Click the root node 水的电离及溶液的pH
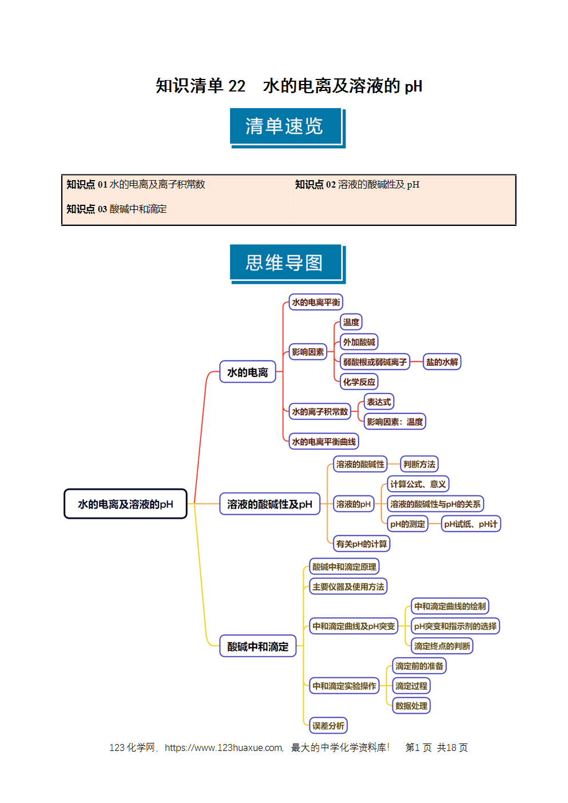125,504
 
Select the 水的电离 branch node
248,372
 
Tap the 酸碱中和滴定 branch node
258,646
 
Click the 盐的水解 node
442,361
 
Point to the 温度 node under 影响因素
351,322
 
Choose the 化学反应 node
359,381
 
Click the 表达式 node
379,401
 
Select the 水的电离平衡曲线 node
324,442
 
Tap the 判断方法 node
419,464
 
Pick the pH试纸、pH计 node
470,524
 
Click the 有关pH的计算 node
362,543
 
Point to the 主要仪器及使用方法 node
348,586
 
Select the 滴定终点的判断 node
442,646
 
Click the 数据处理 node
411,706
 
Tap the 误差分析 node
328,726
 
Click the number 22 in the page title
237,86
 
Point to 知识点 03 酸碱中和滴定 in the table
117,209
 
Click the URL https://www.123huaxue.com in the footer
224,748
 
